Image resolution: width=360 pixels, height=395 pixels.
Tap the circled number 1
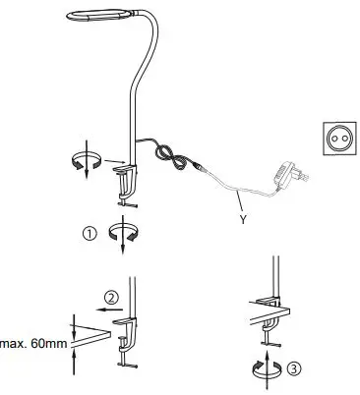coord(90,234)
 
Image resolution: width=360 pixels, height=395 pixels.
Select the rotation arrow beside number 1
coord(123,234)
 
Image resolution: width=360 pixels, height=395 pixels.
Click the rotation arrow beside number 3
coord(264,366)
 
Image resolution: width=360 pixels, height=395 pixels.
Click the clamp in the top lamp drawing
coord(126,181)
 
